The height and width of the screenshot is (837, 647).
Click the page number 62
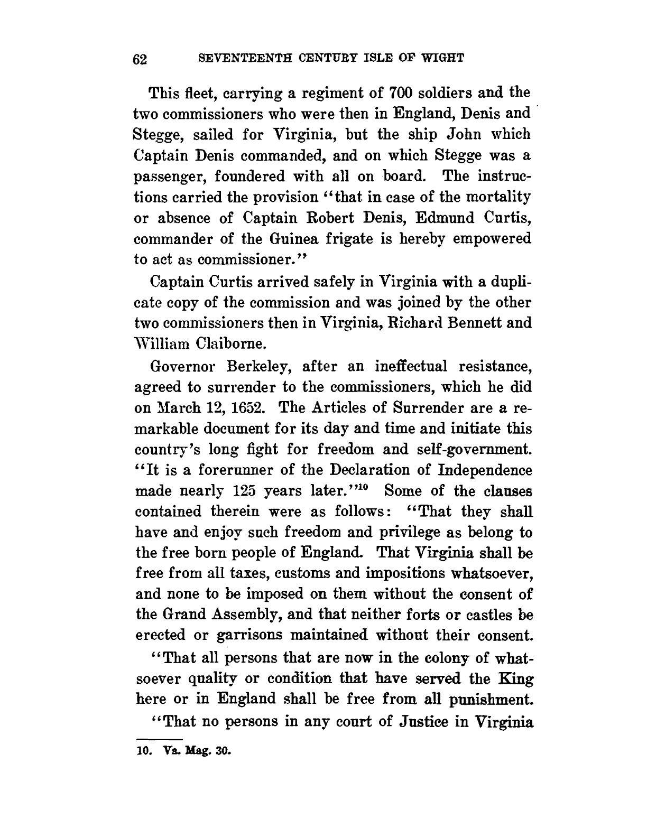(x=142, y=59)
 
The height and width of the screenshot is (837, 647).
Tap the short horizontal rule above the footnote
(x=159, y=738)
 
